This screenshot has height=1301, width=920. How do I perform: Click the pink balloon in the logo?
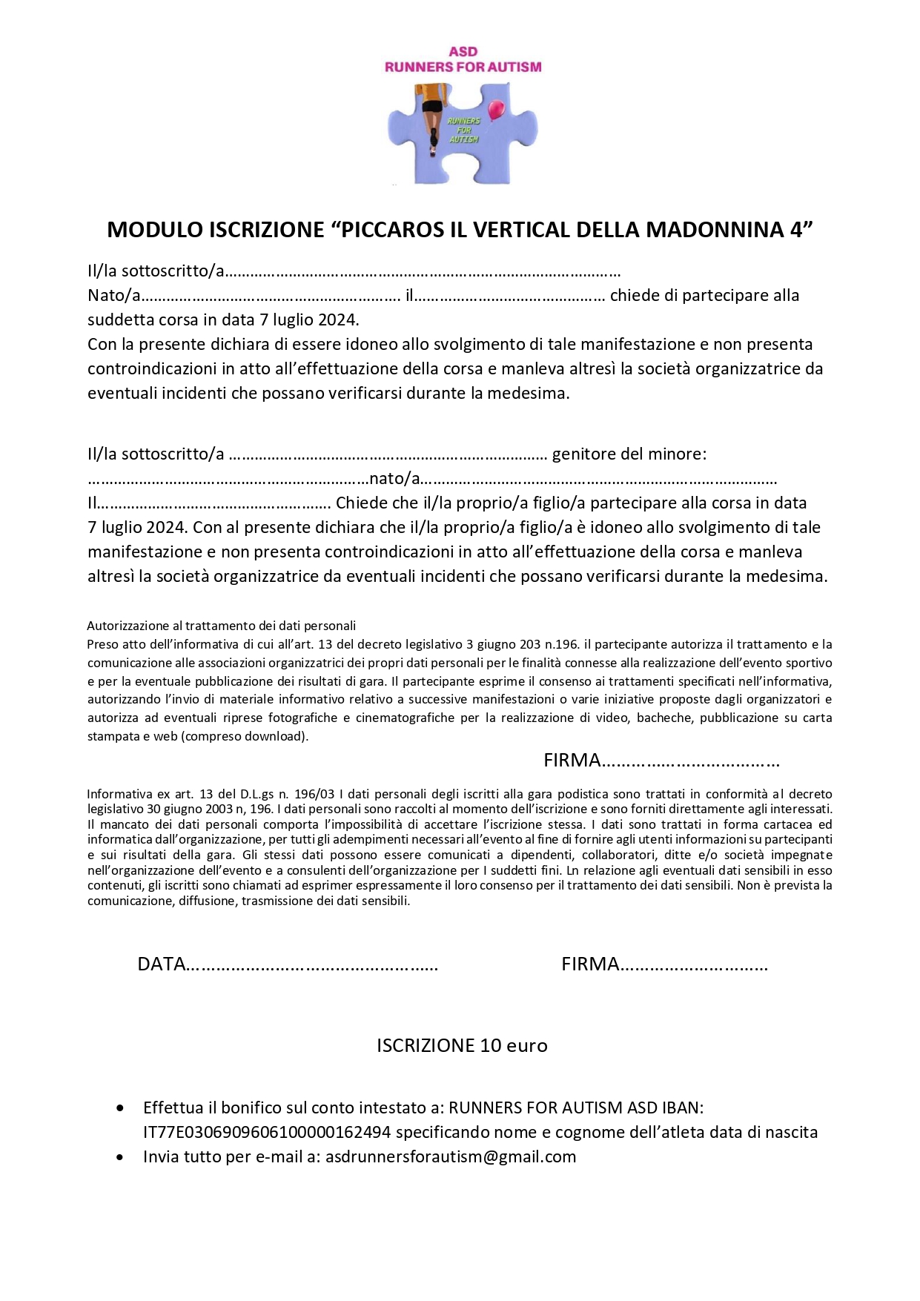[496, 110]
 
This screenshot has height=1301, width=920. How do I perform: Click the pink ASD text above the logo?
[463, 51]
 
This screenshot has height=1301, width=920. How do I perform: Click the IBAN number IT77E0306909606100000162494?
[267, 1132]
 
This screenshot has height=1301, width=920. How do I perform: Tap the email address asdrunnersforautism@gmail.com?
[451, 1156]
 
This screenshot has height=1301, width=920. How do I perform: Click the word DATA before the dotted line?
[161, 964]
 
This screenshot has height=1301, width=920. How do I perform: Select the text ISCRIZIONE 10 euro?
[462, 1045]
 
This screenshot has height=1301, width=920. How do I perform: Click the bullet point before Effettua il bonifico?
[120, 1108]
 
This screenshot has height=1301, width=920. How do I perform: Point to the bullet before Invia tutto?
[120, 1157]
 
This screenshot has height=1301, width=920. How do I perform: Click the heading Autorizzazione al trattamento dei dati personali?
[222, 626]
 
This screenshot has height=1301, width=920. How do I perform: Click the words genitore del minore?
[629, 454]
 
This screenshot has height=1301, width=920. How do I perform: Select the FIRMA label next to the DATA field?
[590, 964]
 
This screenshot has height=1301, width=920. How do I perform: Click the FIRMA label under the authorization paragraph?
[572, 760]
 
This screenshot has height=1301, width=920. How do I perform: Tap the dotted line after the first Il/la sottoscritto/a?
[423, 272]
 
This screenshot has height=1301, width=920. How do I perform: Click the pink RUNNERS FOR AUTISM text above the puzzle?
[463, 67]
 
